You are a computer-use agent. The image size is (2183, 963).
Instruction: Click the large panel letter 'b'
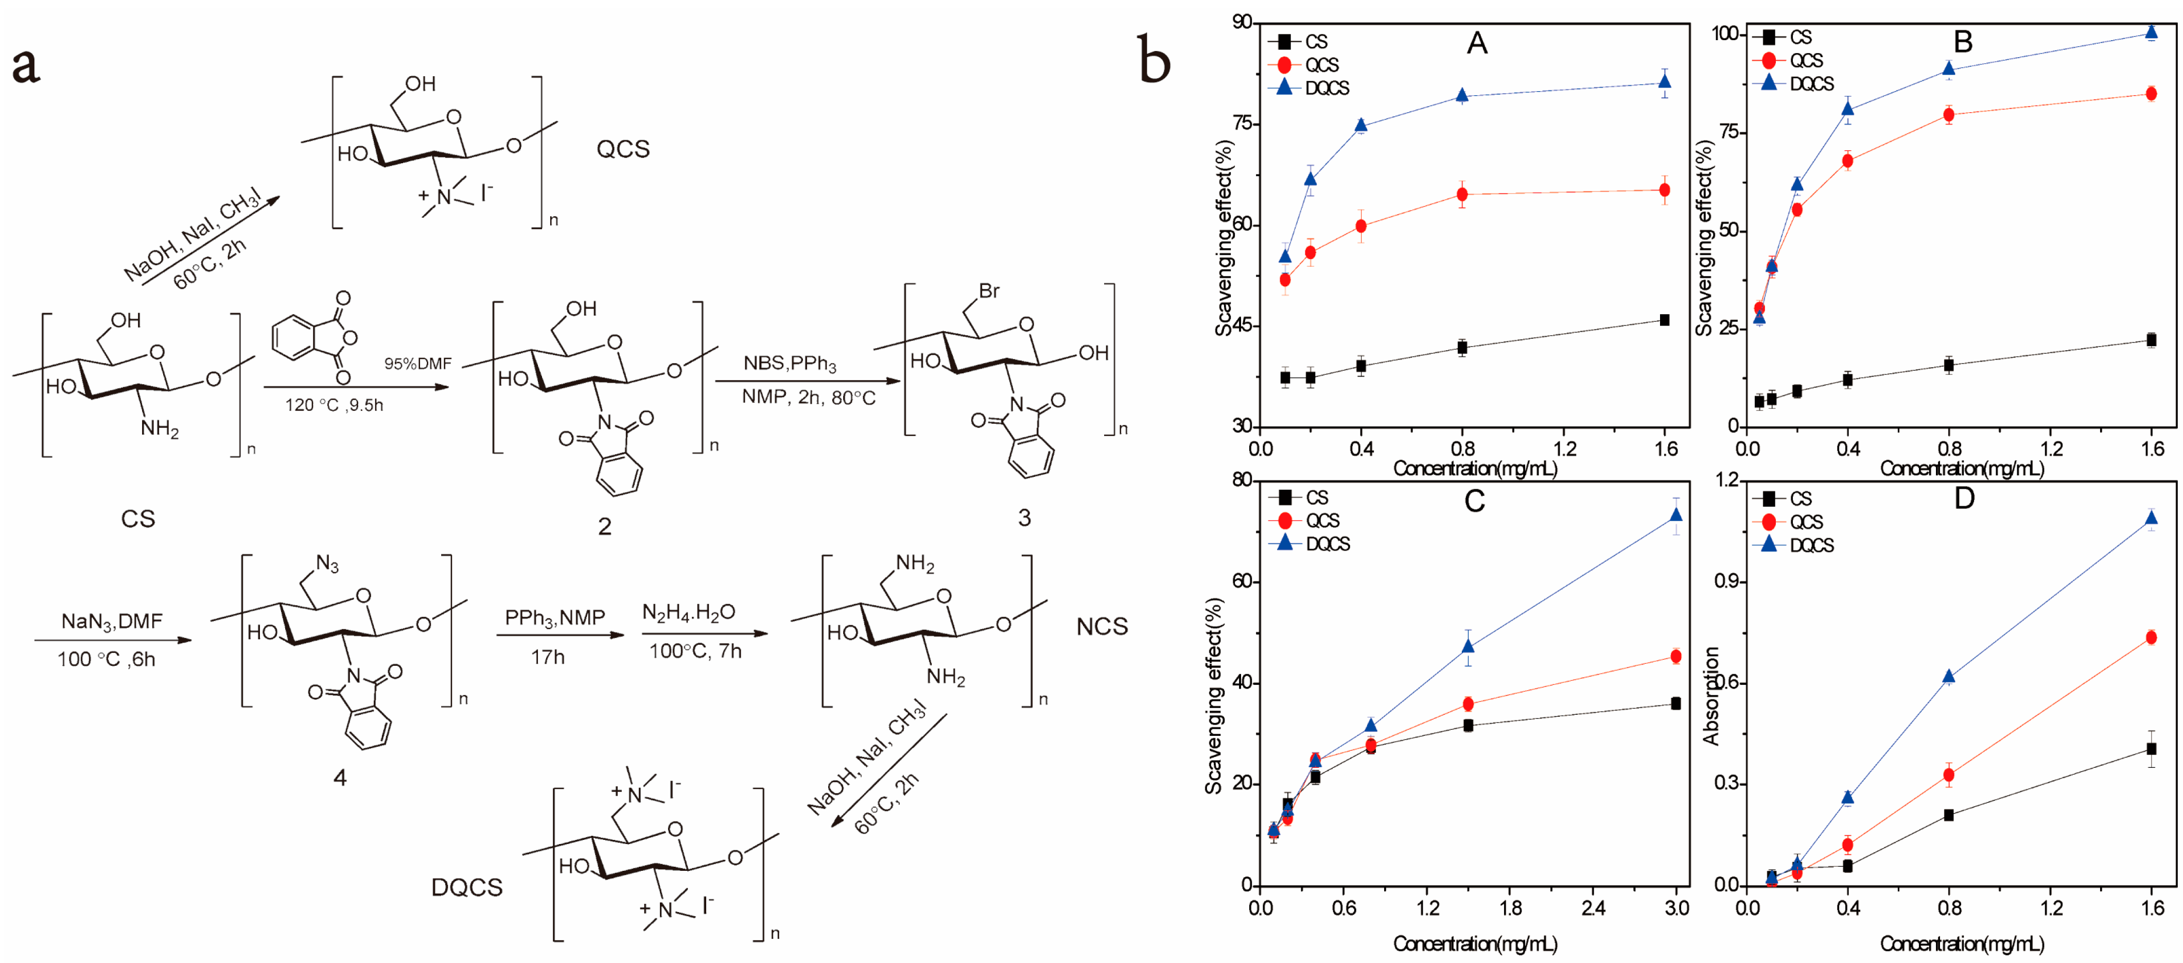[x=1154, y=59]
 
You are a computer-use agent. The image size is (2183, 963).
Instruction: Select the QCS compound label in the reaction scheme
[x=623, y=149]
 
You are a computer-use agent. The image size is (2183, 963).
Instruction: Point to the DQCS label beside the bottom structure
[x=467, y=887]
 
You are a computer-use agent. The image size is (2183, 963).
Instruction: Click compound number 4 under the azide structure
[x=340, y=777]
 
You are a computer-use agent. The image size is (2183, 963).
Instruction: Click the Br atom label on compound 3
[x=989, y=291]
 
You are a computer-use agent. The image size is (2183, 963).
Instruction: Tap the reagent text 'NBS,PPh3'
[x=790, y=364]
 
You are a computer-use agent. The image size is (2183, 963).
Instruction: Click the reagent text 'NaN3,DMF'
[x=112, y=622]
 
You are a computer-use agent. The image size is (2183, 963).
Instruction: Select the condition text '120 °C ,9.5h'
[x=334, y=405]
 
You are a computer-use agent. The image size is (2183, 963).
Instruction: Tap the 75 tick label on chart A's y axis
[x=1243, y=124]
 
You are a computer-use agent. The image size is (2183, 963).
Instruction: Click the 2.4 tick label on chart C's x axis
[x=1593, y=908]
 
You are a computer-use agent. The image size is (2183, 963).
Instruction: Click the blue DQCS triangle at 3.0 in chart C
[x=1675, y=514]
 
